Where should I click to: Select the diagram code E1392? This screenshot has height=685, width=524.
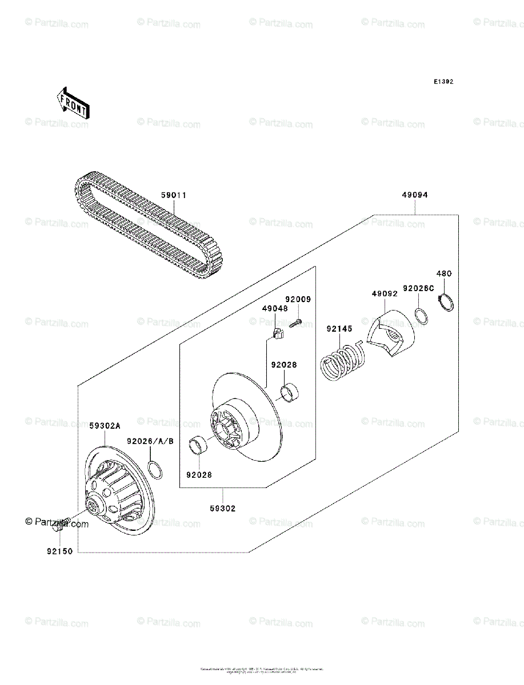[x=443, y=82]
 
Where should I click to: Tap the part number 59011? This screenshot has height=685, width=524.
[x=173, y=195]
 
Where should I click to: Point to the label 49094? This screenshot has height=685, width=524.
[x=415, y=195]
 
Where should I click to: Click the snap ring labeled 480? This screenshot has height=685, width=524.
[x=446, y=302]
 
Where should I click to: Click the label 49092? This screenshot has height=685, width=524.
[x=385, y=294]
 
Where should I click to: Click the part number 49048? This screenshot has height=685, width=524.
[x=275, y=309]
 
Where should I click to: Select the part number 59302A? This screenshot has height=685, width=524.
[x=104, y=426]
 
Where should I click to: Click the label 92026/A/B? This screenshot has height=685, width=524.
[x=150, y=442]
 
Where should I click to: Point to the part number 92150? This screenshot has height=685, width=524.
[x=60, y=553]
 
